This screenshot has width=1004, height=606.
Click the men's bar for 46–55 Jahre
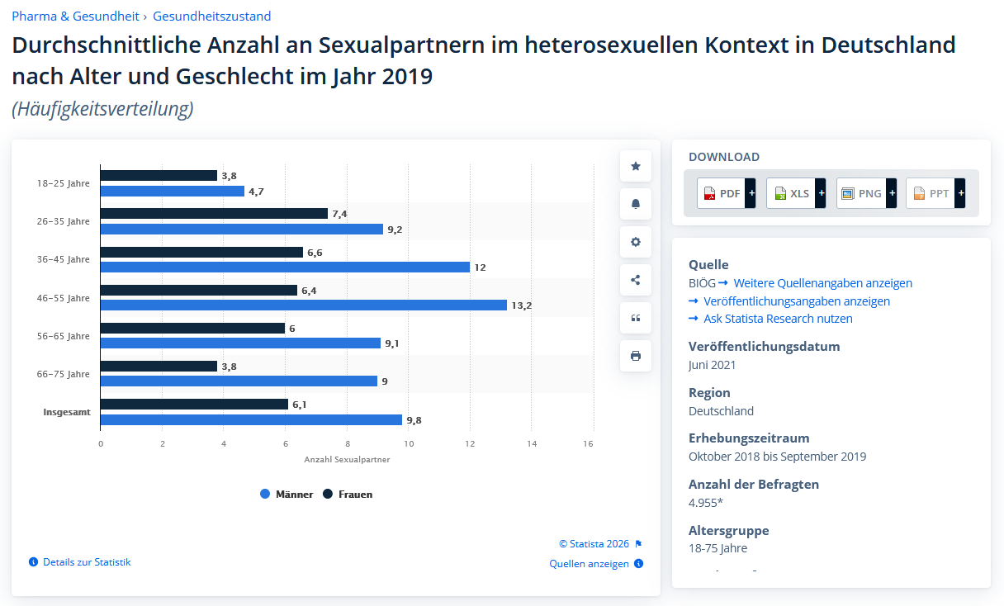click(303, 305)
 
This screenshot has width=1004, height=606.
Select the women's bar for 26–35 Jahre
click(214, 214)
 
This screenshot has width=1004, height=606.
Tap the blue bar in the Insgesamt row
click(251, 419)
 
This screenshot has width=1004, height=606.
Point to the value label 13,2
click(522, 305)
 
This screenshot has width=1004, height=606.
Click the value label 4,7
click(256, 192)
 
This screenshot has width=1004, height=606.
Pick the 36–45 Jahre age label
click(63, 259)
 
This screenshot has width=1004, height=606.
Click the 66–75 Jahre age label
click(63, 374)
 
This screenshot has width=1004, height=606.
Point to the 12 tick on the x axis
click(470, 443)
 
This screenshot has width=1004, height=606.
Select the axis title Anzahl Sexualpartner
click(347, 459)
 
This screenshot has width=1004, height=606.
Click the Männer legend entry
click(287, 494)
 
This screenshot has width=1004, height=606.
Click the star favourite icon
click(636, 166)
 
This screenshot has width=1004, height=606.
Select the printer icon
click(636, 356)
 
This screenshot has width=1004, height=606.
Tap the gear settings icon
click(636, 242)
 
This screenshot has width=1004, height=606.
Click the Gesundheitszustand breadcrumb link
click(211, 17)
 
